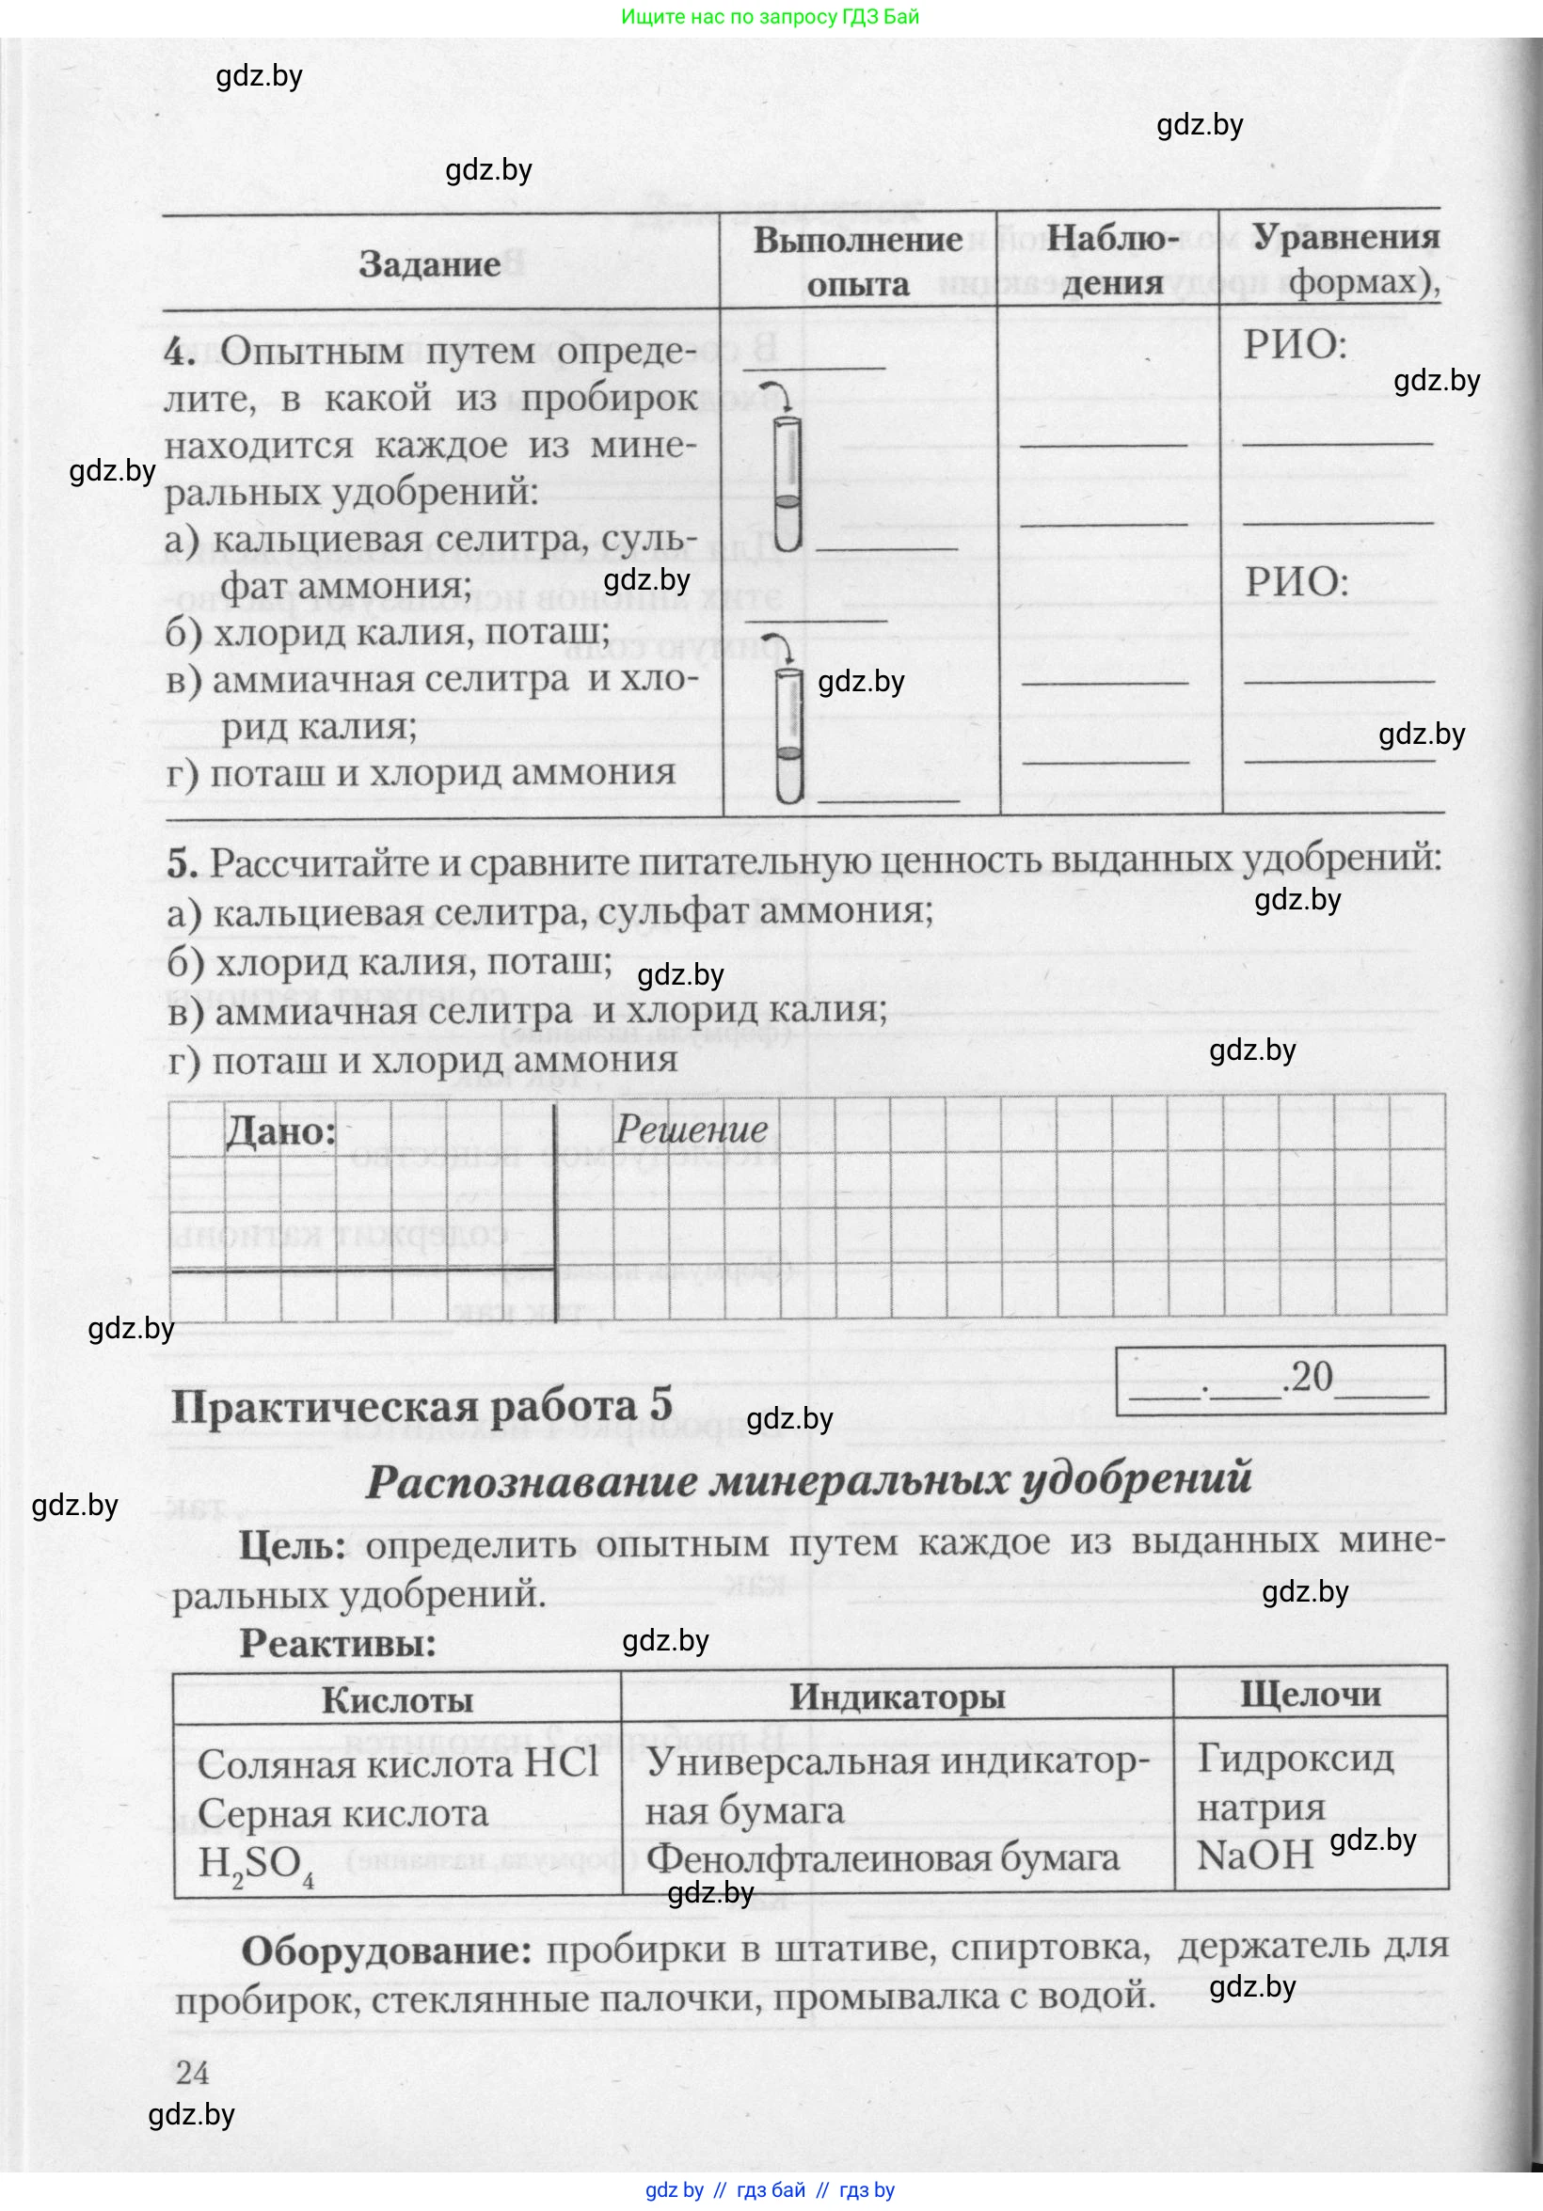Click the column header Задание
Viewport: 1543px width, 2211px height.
pos(430,264)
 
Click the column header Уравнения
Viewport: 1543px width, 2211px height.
pos(1345,237)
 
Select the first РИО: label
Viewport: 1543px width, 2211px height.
pos(1296,344)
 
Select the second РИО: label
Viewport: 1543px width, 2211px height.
pos(1296,581)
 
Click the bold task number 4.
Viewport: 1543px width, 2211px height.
pos(179,352)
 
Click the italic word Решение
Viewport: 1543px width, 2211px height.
pos(691,1129)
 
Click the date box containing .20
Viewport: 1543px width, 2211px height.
pos(1281,1379)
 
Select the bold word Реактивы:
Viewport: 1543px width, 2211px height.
pos(338,1642)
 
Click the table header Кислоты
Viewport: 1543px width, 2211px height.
pos(397,1699)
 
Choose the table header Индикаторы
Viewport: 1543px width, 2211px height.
pos(897,1697)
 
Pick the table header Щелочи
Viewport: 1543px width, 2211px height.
pos(1310,1695)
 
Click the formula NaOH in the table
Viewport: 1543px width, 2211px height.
pos(1255,1856)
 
